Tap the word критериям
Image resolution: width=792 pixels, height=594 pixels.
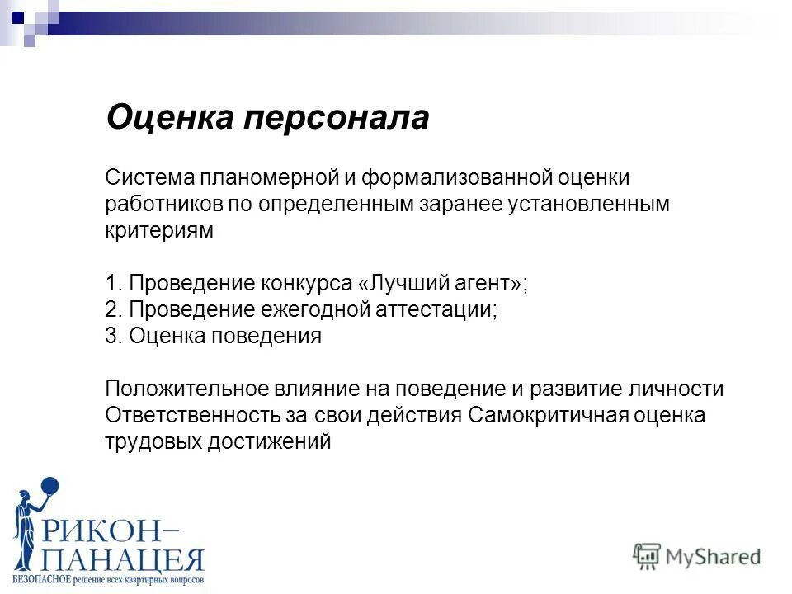(159, 231)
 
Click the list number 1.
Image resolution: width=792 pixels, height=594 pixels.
(112, 284)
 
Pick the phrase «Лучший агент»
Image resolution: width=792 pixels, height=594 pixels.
(441, 284)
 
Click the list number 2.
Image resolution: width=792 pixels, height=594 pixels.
(112, 310)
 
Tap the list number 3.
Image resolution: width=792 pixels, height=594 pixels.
(112, 337)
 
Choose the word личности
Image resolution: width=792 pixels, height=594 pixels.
(681, 389)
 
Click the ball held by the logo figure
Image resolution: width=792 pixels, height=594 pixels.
(49, 488)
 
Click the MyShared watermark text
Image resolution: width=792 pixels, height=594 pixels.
(713, 556)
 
